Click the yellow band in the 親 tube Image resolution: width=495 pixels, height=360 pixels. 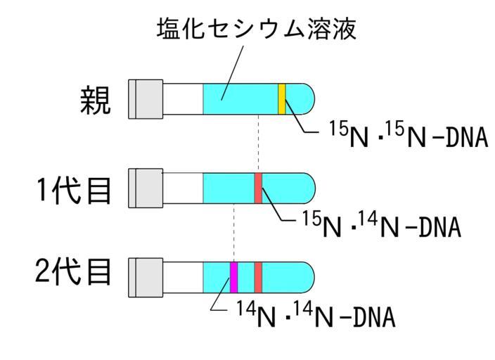[x=281, y=98]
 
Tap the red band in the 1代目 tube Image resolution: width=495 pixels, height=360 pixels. [x=258, y=188]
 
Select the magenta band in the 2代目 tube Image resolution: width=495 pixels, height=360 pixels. [x=234, y=277]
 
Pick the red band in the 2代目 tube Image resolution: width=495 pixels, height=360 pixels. [x=258, y=277]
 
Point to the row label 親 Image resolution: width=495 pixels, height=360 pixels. [x=94, y=101]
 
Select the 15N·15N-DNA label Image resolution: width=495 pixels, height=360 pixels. [x=408, y=136]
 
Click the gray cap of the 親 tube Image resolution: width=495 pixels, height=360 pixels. [x=146, y=98]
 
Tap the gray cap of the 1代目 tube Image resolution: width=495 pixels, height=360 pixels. [x=146, y=188]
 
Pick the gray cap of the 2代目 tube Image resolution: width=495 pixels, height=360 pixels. [x=146, y=277]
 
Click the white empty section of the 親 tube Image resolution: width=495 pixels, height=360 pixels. [x=183, y=98]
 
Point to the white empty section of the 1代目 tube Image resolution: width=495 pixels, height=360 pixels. [x=183, y=188]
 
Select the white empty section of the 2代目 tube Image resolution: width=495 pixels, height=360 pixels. [x=183, y=277]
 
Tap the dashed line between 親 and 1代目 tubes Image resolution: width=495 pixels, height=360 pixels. [x=258, y=143]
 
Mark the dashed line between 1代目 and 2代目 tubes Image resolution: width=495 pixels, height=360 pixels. [x=233, y=232]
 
